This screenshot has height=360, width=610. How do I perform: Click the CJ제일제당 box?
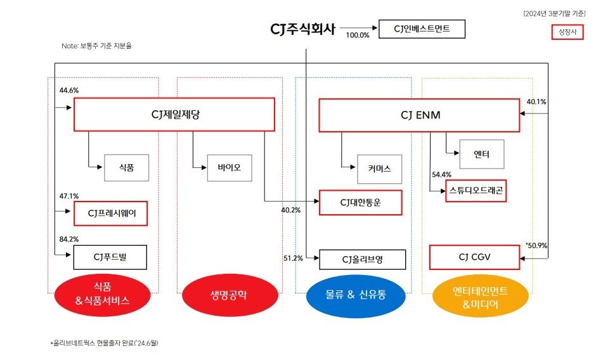coord(174,114)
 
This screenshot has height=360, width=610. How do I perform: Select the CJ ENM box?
coord(419,115)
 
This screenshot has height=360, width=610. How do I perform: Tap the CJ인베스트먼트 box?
coord(421,29)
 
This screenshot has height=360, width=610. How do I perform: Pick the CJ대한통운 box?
coord(360,203)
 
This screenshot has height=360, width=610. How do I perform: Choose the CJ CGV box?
coord(474,257)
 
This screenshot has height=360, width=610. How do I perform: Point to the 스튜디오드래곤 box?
coord(477,190)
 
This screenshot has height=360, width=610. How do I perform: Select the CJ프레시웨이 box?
coord(111,214)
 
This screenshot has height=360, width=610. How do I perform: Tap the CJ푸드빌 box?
coord(111,257)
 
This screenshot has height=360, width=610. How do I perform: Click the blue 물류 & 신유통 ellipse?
coord(355,294)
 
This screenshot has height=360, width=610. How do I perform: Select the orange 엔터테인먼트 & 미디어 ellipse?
coord(481,295)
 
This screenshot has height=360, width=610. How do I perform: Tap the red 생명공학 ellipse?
coord(230,294)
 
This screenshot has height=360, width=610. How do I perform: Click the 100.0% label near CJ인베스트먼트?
coord(358,35)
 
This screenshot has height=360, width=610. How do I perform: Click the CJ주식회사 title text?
coord(302,29)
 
